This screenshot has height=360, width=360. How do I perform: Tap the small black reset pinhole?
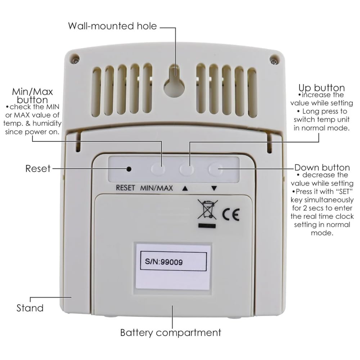point(129,168)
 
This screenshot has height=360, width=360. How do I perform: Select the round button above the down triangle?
point(215,168)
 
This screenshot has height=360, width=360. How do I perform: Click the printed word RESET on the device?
point(125,188)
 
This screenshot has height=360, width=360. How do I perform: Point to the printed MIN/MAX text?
point(157,188)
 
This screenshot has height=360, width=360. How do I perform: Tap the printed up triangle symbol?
point(185,188)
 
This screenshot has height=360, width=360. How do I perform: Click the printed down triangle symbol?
point(214,188)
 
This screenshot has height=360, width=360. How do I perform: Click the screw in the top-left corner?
point(75,59)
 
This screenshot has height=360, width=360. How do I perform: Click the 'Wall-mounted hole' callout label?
point(113,26)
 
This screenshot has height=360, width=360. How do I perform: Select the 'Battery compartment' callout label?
point(171,332)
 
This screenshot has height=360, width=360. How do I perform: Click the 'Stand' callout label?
point(30,308)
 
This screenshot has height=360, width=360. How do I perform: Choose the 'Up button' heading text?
point(321,88)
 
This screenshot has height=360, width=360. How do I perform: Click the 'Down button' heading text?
point(322,167)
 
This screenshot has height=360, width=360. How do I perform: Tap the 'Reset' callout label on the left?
point(38,168)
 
